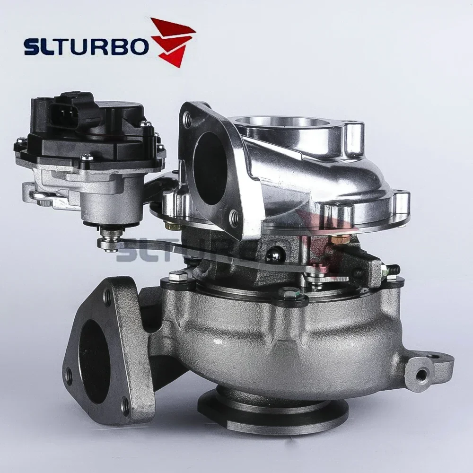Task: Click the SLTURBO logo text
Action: [86, 47]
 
